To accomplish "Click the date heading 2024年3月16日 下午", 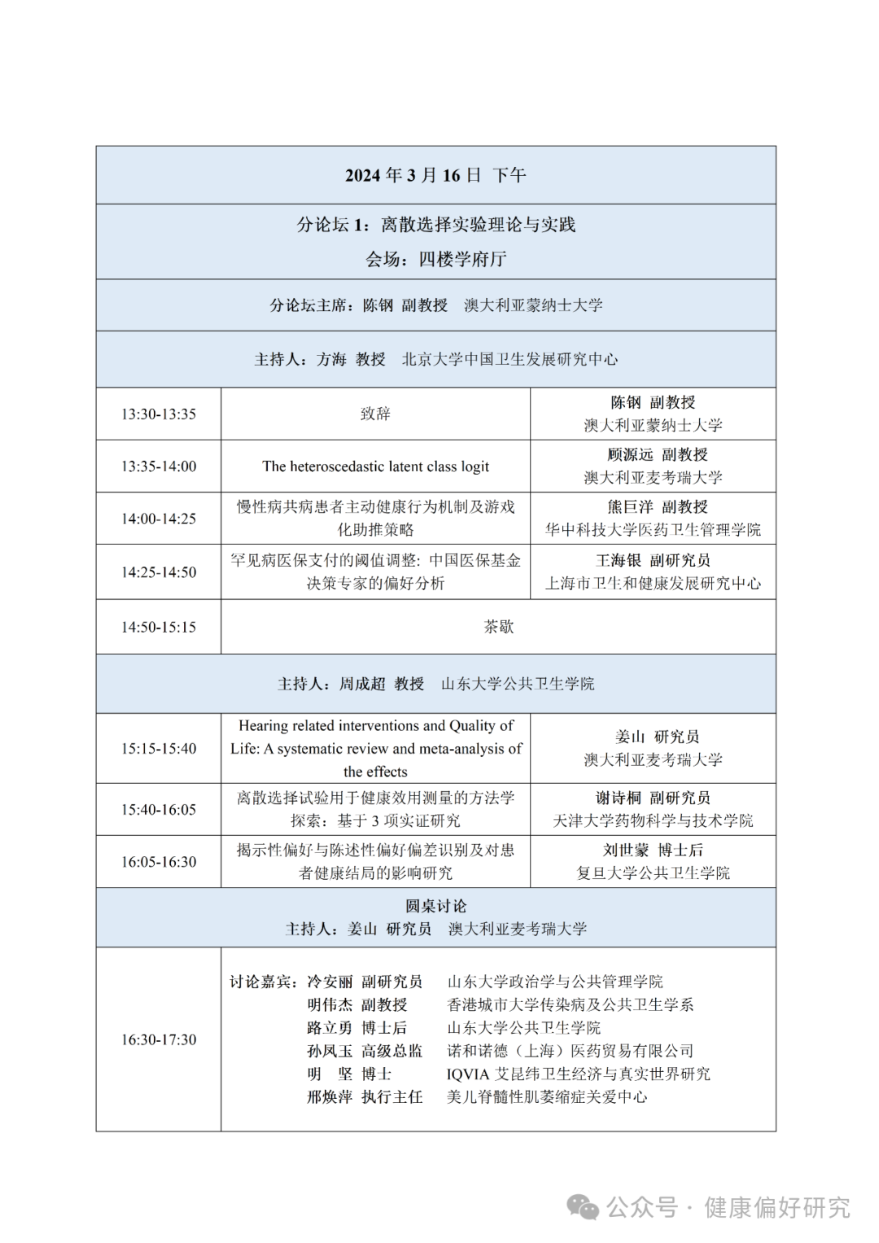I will click(x=435, y=175).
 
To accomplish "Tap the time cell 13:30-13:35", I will click(x=159, y=414).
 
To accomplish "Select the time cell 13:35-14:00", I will click(x=159, y=466).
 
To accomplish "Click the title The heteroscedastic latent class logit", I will click(x=375, y=466).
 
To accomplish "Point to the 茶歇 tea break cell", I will click(x=498, y=627).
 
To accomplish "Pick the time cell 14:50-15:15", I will click(x=159, y=628).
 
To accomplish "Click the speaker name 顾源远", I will click(x=630, y=455).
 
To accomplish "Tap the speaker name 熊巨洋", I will click(x=630, y=507).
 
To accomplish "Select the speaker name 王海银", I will click(x=619, y=561).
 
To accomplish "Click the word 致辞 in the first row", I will click(x=375, y=414).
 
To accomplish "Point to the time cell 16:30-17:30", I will click(x=159, y=1039).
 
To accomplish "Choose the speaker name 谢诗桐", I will click(x=619, y=799).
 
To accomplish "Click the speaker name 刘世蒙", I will click(x=626, y=851).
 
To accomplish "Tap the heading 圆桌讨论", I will click(x=436, y=906).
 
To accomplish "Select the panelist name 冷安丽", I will click(x=330, y=983).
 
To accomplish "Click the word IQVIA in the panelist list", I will click(x=468, y=1074).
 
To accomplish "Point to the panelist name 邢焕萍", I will click(x=330, y=1097).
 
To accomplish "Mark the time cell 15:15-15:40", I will click(x=159, y=749).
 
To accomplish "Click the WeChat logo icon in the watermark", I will click(x=583, y=1207).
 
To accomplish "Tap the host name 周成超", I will click(x=362, y=684).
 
